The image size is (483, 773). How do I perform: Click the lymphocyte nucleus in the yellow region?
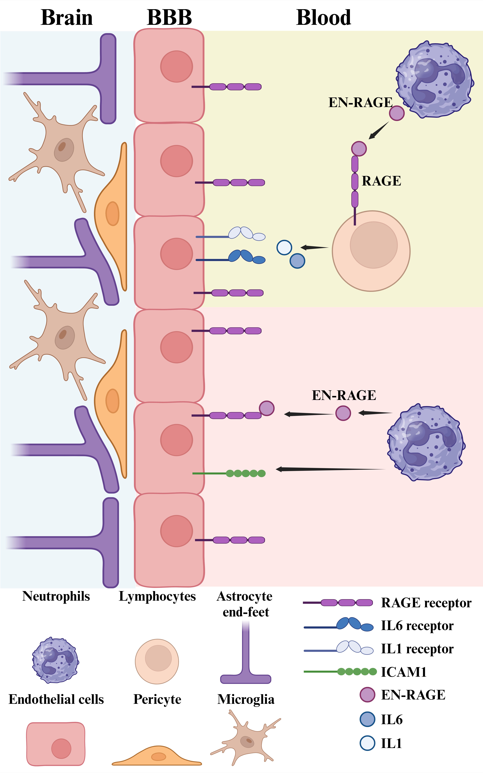pos(373,245)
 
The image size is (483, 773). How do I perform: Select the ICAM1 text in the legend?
pos(404,672)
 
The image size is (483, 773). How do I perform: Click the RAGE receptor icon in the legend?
pos(339,603)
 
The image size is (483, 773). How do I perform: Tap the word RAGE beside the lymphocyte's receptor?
pos(381,181)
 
